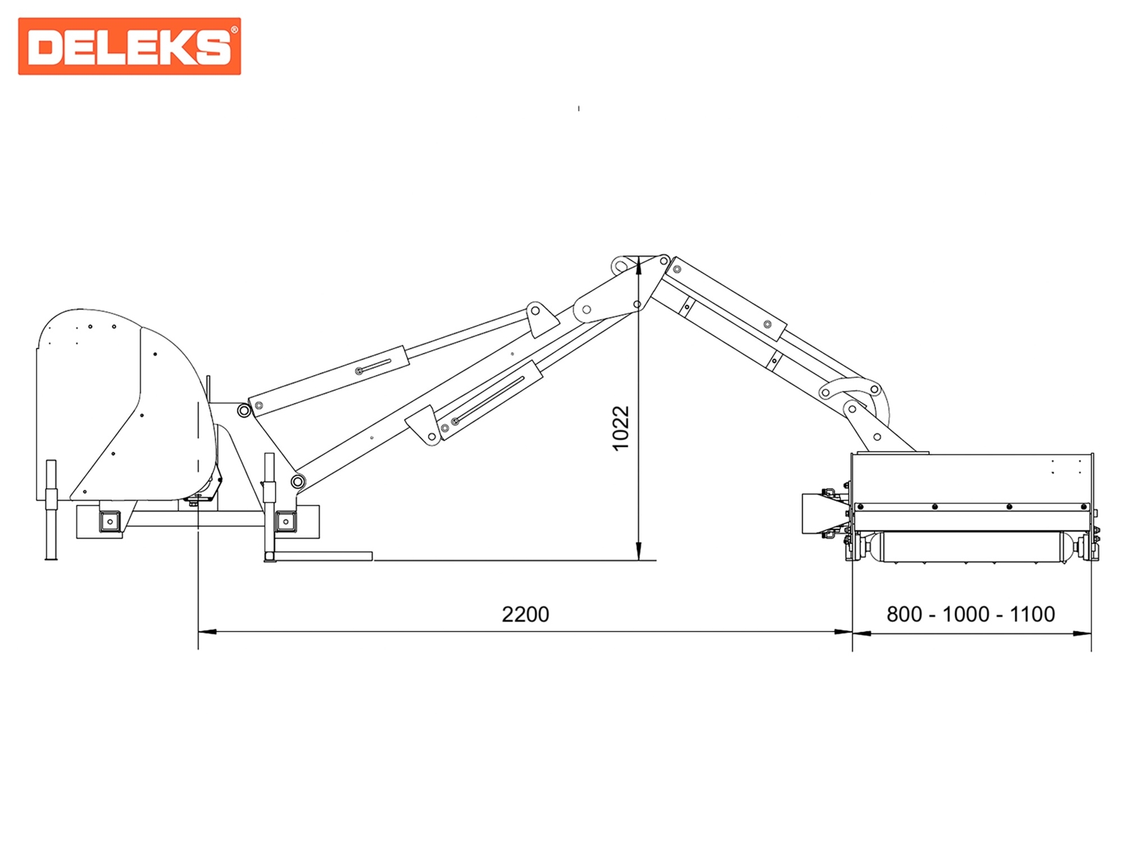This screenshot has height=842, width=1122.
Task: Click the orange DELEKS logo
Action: [x=129, y=46]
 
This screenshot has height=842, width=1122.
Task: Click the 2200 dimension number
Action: [x=525, y=614]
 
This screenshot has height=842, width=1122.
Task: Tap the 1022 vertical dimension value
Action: [x=621, y=429]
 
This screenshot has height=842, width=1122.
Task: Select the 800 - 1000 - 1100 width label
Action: [x=971, y=614]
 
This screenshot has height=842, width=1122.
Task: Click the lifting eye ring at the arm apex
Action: [x=621, y=265]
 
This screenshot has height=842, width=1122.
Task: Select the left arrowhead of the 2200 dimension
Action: [x=207, y=632]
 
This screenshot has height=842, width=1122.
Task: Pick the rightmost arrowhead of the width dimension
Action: [x=1082, y=634]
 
